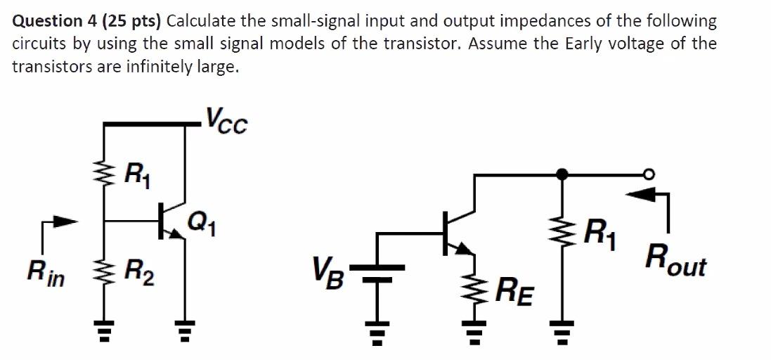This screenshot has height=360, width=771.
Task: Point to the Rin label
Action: coord(46,273)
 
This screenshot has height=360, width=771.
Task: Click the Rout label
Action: coord(678,266)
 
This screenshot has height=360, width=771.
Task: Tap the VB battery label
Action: coord(328,269)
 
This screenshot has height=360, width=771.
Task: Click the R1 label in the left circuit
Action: coord(136,172)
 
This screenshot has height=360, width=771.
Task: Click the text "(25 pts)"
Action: coord(133,21)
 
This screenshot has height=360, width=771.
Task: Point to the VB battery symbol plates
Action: coord(377,272)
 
